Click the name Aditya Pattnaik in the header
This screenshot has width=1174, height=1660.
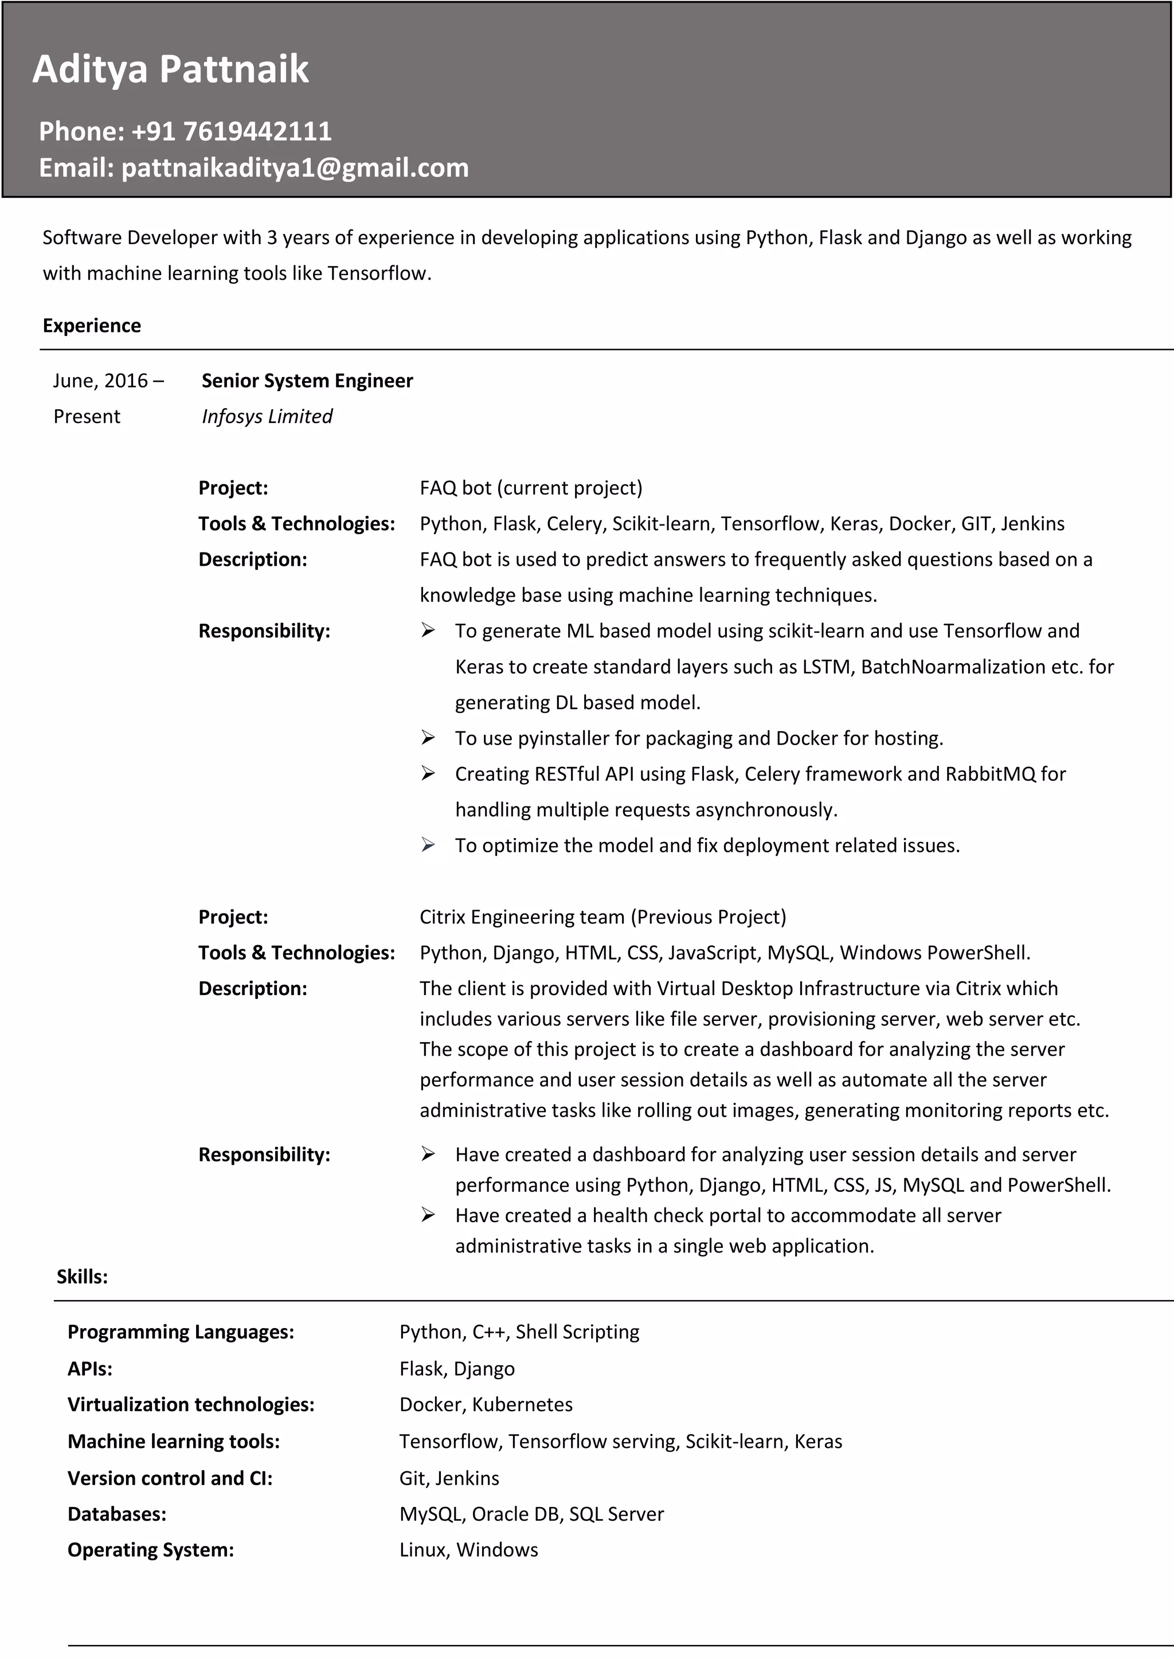[x=171, y=69]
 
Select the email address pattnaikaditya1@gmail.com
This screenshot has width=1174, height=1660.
[x=295, y=168]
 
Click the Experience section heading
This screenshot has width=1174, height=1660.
[x=92, y=326]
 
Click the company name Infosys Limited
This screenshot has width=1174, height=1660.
[x=267, y=417]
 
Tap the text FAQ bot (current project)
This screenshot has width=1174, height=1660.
[x=531, y=488]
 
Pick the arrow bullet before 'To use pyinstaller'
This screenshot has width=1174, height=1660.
[x=428, y=738]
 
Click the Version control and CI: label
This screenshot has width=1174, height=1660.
[x=170, y=1478]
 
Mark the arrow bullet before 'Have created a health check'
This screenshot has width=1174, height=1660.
[x=428, y=1215]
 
